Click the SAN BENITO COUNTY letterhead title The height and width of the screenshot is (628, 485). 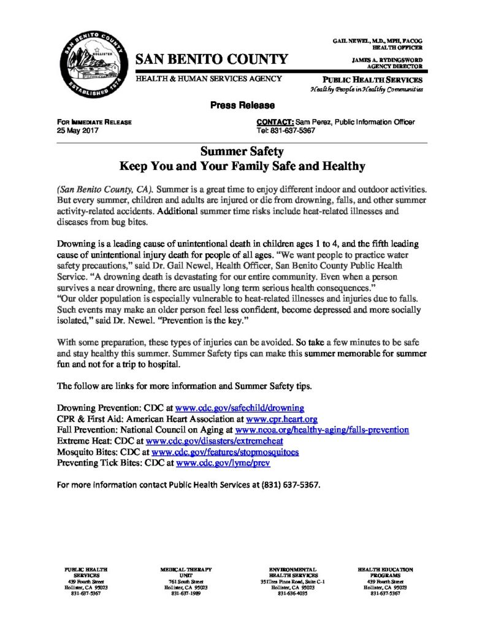coord(212,59)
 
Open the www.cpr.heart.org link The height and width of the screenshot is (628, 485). coord(281,419)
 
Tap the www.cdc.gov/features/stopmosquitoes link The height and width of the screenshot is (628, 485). coord(229,452)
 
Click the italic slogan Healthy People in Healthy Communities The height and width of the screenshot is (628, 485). coord(367,90)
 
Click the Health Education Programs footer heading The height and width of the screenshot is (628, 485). coord(385,573)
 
